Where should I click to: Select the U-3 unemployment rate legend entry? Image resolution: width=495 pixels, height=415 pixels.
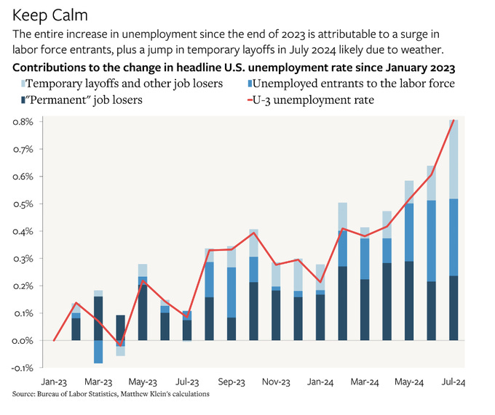coord(312,100)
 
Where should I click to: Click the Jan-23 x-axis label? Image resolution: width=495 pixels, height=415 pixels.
coord(55,381)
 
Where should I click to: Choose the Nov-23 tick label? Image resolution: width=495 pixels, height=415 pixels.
coord(276,381)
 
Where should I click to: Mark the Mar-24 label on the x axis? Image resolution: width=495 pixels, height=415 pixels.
coord(364,381)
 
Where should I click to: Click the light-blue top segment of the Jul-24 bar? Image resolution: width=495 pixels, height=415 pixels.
coord(454,160)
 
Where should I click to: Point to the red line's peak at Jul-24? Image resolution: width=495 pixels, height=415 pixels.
coord(454,121)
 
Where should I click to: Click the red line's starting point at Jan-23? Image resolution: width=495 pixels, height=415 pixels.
coord(55,340)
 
